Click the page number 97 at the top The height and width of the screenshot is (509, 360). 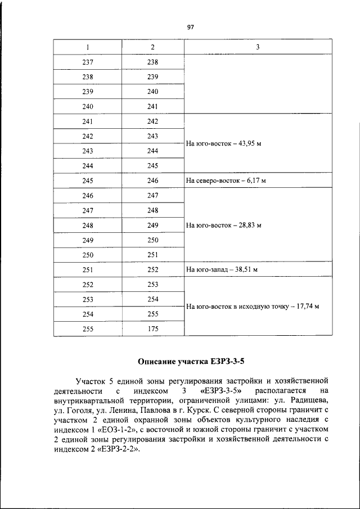[190, 26]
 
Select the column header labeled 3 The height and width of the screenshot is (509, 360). [258, 47]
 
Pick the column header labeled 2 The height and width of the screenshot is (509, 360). [153, 47]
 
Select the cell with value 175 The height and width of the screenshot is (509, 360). [153, 329]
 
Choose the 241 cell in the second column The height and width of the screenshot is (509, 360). [153, 106]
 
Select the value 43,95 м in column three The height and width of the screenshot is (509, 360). [248, 143]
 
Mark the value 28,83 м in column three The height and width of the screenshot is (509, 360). [248, 225]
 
